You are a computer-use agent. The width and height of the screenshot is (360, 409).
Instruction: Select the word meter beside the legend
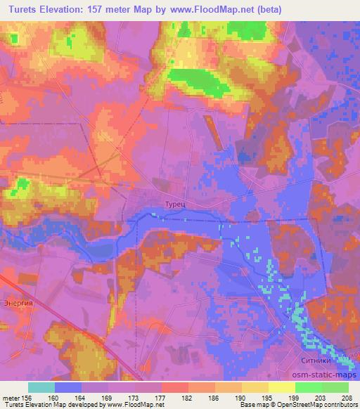(x=12, y=397)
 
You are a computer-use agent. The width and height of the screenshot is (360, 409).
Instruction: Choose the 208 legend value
(x=346, y=397)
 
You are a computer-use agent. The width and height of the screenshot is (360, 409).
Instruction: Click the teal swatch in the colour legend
(x=41, y=387)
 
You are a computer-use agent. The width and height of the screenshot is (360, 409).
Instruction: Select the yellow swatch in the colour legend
(x=282, y=387)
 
